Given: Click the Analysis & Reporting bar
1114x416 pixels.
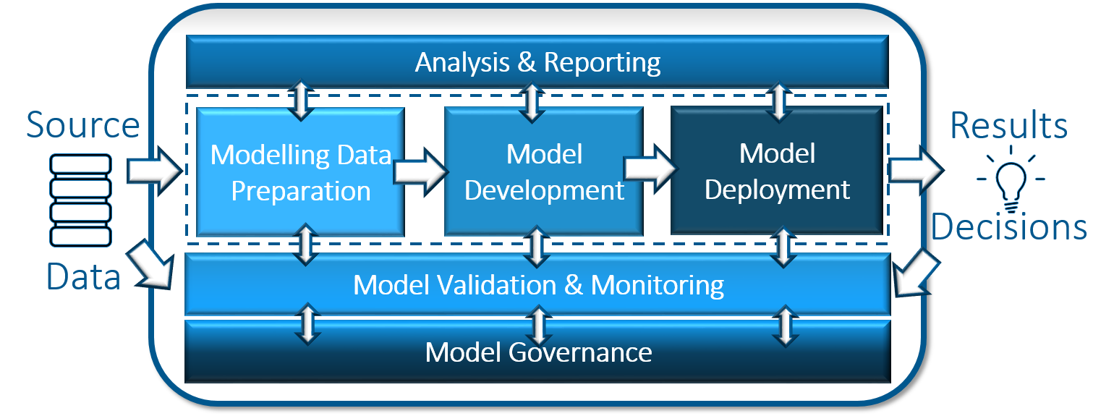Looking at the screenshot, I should click(x=537, y=62).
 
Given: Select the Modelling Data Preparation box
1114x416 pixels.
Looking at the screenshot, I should click(x=300, y=172).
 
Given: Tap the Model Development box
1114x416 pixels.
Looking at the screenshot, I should click(x=544, y=172).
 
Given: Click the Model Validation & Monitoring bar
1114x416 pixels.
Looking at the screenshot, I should click(x=538, y=285).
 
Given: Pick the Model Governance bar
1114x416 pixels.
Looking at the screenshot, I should click(x=538, y=352).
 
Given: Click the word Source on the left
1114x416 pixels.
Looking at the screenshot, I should click(x=82, y=124).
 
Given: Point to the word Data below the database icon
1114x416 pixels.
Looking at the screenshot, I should click(x=83, y=277).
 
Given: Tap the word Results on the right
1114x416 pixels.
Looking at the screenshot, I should click(x=1008, y=126).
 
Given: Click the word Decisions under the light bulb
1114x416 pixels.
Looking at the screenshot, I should click(x=1008, y=226).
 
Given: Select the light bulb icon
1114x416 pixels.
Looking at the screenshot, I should click(x=1008, y=177).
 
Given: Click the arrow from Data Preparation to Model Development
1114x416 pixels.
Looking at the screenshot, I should click(x=420, y=171).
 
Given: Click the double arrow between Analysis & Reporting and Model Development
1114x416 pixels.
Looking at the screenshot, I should click(x=532, y=102).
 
